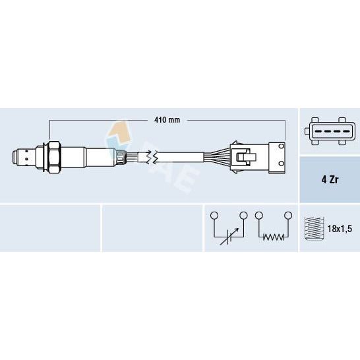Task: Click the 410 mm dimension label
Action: (167, 120)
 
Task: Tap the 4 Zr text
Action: (330, 179)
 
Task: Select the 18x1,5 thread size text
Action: (340, 229)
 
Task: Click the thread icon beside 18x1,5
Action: (314, 228)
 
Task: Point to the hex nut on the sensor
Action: (55, 157)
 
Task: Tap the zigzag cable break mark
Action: (152, 157)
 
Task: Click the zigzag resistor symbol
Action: (273, 237)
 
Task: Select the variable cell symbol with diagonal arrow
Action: (229, 237)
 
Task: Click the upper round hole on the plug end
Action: (282, 146)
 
